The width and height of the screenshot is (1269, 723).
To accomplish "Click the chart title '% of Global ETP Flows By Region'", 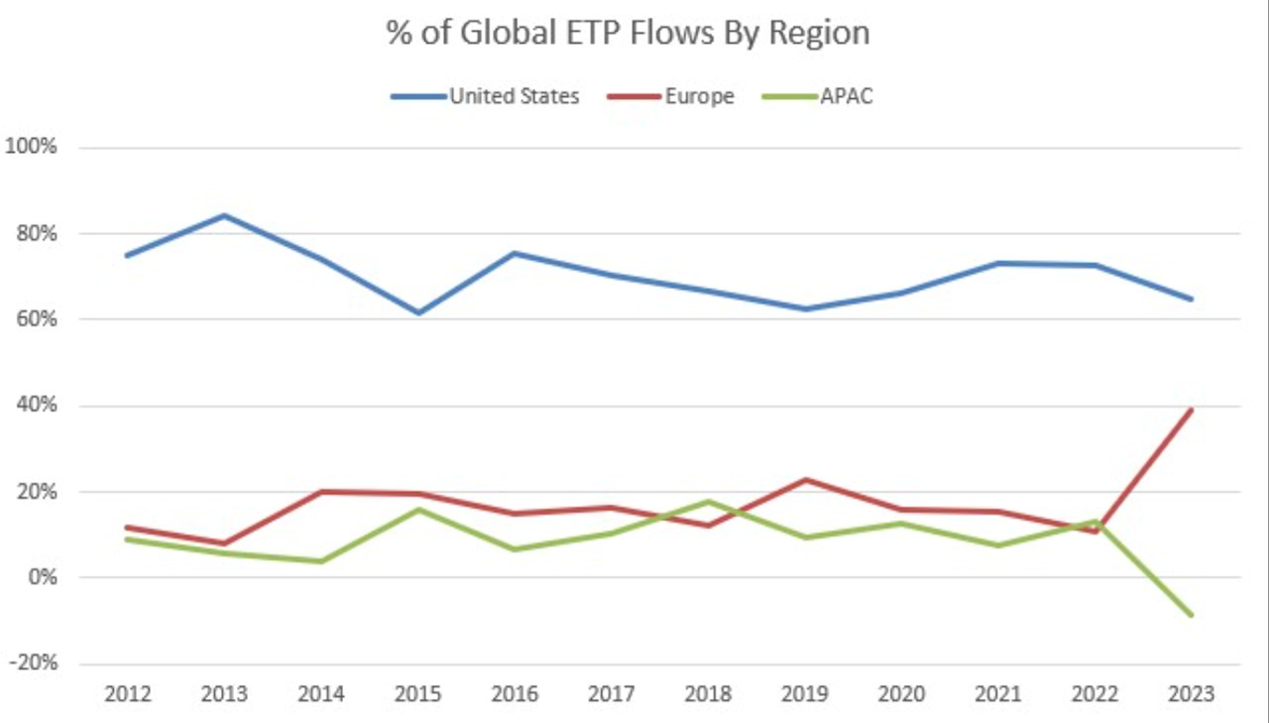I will pyautogui.click(x=628, y=33).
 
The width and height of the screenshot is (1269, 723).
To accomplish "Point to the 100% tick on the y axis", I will pyautogui.click(x=33, y=147).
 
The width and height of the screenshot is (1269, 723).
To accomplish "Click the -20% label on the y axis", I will pyautogui.click(x=33, y=663).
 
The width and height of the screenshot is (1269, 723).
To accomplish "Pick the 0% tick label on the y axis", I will pyautogui.click(x=42, y=577).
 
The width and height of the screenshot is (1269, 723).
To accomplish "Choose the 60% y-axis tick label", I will pyautogui.click(x=37, y=319).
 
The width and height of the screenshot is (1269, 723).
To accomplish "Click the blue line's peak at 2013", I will pyautogui.click(x=224, y=215).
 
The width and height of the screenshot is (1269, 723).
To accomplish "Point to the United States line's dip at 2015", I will pyautogui.click(x=417, y=312).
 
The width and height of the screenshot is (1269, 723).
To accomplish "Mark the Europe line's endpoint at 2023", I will pyautogui.click(x=1191, y=410).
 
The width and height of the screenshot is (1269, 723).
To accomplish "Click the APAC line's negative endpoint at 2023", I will pyautogui.click(x=1191, y=615).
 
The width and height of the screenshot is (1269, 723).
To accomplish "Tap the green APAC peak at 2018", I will pyautogui.click(x=708, y=501).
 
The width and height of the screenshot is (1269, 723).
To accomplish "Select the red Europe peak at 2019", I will pyautogui.click(x=805, y=480).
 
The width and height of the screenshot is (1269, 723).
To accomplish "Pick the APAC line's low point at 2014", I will pyautogui.click(x=320, y=561).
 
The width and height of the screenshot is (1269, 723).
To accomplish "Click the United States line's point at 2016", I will pyautogui.click(x=515, y=253).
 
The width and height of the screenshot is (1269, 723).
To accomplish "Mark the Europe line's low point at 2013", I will pyautogui.click(x=224, y=543).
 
